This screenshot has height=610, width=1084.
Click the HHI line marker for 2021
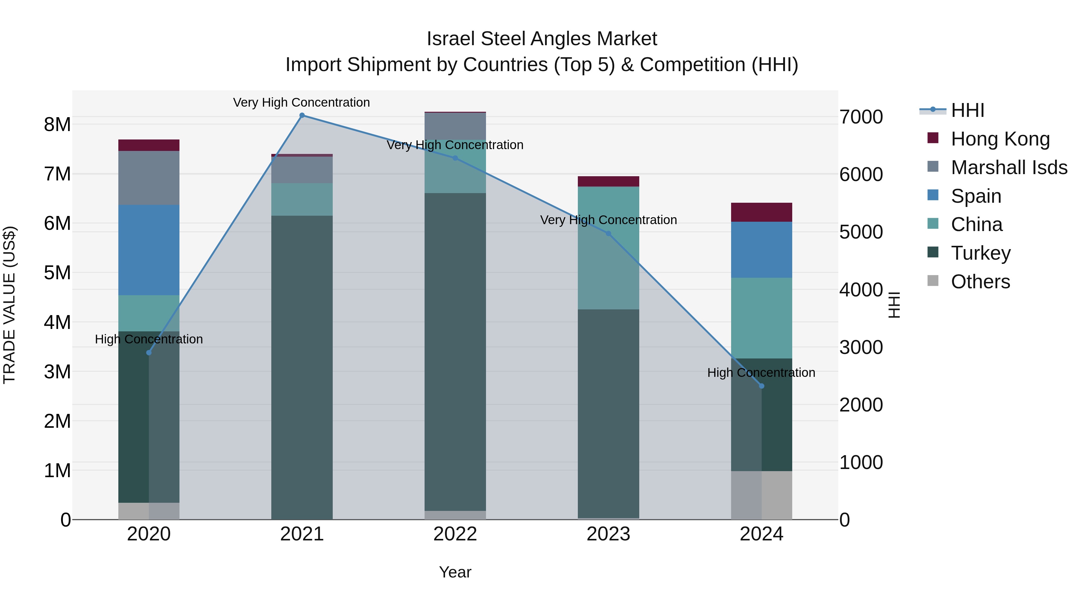pyautogui.click(x=302, y=115)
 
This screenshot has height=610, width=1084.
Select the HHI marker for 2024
pyautogui.click(x=761, y=386)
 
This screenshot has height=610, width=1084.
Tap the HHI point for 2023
pyautogui.click(x=608, y=234)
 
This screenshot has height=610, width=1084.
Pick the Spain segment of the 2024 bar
pyautogui.click(x=761, y=250)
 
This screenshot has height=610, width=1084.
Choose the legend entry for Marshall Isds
pyautogui.click(x=1009, y=167)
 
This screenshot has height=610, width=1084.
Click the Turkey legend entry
pyautogui.click(x=980, y=253)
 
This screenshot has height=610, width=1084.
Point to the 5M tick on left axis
pyautogui.click(x=57, y=273)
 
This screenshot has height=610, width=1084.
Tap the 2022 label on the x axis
pyautogui.click(x=455, y=534)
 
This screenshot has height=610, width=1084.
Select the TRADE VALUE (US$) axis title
pyautogui.click(x=9, y=305)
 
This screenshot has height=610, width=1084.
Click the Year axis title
pyautogui.click(x=455, y=572)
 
